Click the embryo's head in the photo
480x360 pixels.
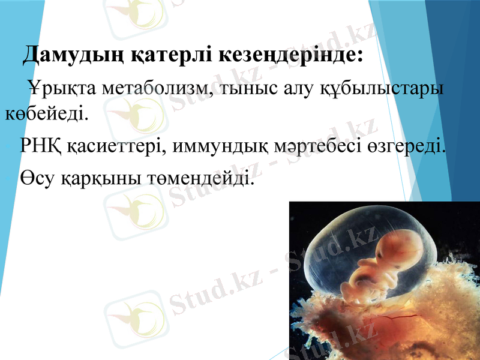pos(392,247)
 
